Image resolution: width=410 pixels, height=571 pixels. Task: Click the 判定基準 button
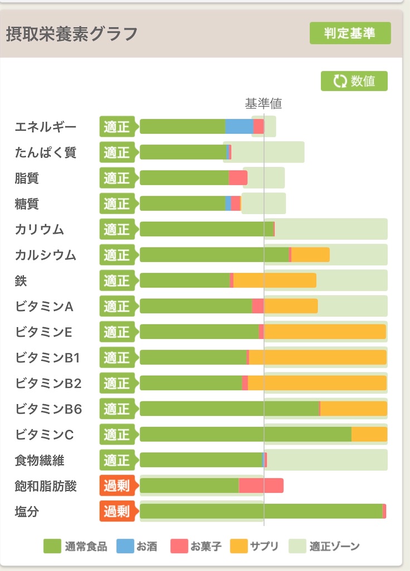point(350,33)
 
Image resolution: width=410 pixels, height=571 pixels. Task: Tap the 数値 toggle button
point(354,81)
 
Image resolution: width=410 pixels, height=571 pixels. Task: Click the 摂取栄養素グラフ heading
point(72,34)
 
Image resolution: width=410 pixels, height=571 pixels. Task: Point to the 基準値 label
point(263,103)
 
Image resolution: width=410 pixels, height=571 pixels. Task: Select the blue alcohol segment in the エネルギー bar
point(239,127)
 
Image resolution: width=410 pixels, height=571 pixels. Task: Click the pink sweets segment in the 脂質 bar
point(238,178)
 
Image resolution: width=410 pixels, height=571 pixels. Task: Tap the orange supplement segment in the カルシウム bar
point(310,255)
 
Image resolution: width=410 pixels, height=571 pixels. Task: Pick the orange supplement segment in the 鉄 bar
point(275,280)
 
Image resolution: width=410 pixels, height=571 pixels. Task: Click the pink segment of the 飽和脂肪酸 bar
point(261,486)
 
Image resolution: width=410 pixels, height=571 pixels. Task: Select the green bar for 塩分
point(261,511)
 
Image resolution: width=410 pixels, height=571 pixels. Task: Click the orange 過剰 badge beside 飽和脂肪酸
point(116,486)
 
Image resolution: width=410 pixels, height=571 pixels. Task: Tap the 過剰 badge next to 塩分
point(116,511)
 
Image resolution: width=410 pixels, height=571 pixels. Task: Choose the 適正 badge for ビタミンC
point(116,434)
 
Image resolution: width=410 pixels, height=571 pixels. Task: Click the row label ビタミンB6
point(48,409)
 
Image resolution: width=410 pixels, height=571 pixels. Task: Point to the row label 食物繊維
point(40,461)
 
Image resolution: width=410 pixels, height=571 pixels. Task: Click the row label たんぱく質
point(46,152)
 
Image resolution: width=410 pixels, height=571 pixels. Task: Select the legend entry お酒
point(137,546)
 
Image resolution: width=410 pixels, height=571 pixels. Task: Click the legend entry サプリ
point(254,546)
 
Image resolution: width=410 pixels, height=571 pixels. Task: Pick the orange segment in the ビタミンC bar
point(369,434)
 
